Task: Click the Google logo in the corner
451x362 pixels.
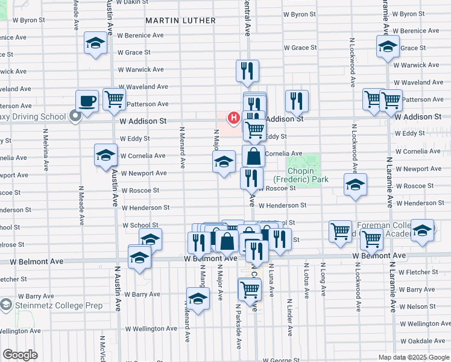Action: click(20, 355)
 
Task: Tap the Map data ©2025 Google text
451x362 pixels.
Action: click(413, 357)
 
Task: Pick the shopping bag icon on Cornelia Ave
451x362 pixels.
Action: click(254, 156)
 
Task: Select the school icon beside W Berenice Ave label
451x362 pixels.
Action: click(95, 43)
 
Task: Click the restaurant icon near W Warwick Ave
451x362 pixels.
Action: click(247, 71)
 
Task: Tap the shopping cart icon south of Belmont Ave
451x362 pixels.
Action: click(250, 289)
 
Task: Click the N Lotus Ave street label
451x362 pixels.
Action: click(306, 281)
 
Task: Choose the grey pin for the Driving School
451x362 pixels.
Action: click(75, 116)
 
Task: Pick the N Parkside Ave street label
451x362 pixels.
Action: click(238, 326)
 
